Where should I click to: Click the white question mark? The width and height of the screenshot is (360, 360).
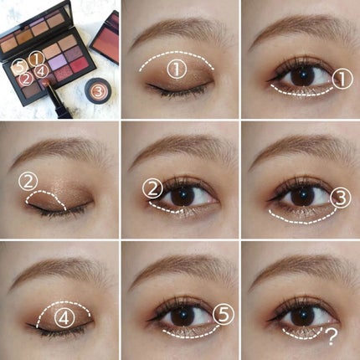tap(332, 337)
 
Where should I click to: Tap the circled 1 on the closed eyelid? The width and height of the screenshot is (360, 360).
tap(177, 69)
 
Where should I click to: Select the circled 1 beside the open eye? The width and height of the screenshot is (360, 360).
tap(342, 80)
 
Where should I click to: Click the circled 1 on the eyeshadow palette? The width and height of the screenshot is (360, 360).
tap(37, 59)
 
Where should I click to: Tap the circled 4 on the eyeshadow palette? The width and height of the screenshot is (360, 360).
tap(41, 71)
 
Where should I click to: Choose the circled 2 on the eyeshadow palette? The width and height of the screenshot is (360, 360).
tap(26, 79)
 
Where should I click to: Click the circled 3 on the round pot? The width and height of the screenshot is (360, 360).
tap(97, 90)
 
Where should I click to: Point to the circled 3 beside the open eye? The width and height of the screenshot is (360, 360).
tap(341, 198)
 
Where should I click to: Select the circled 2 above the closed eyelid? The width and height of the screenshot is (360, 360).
tap(28, 182)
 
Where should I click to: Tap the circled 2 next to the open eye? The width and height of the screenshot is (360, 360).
tap(152, 189)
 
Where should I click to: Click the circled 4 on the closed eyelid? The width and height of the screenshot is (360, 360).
tap(64, 318)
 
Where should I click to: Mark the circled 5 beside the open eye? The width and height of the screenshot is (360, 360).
tap(223, 315)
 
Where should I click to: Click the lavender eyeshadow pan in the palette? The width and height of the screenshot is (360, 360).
tap(56, 61)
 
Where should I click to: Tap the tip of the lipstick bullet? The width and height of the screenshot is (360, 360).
tap(44, 82)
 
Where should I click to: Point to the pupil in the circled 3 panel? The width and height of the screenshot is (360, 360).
tap(303, 193)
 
